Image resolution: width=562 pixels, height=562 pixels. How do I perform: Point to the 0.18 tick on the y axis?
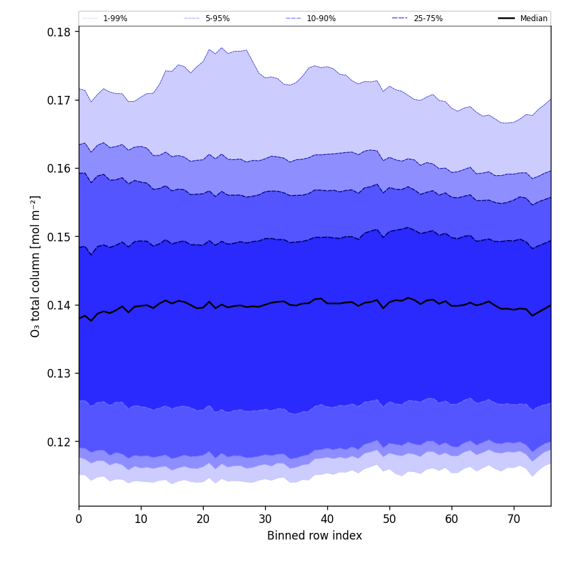point(60,32)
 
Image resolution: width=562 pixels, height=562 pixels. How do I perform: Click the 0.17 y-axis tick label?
point(60,100)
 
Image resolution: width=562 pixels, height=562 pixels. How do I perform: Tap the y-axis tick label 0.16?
point(60,169)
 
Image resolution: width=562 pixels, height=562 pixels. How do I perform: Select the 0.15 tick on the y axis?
point(60,237)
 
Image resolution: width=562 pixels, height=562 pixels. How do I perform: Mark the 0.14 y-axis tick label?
point(60,305)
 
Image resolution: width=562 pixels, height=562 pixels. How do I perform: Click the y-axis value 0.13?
point(60,374)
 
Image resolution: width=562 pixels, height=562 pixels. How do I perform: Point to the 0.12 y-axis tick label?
point(60,442)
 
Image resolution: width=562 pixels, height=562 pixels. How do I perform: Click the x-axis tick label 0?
point(79,519)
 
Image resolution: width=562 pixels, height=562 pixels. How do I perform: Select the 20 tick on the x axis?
point(203,519)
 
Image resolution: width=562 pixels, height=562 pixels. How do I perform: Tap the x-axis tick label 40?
point(327,519)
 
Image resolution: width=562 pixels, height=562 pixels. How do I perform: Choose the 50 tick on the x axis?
point(389,519)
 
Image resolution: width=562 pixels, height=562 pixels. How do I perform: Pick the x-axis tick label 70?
point(514,519)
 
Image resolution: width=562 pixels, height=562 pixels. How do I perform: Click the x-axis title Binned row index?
point(315,536)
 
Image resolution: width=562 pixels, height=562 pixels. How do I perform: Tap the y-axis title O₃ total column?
point(36,266)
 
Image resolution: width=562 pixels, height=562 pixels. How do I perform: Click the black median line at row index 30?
point(265,305)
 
